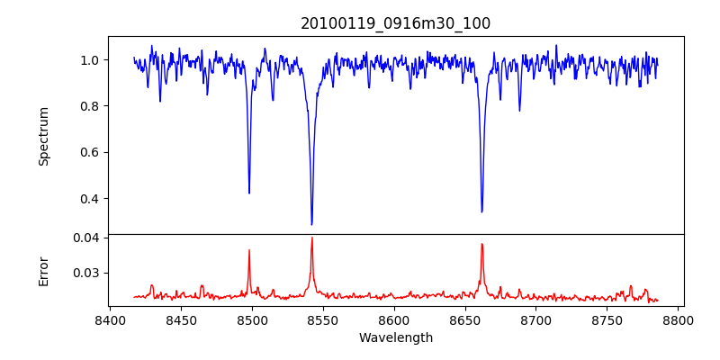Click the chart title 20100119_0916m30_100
pyautogui.click(x=395, y=23)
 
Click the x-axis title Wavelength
pyautogui.click(x=395, y=337)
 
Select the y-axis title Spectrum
pyautogui.click(x=44, y=136)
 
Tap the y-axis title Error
pyautogui.click(x=44, y=271)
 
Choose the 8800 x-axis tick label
pyautogui.click(x=679, y=319)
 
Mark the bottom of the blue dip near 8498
pyautogui.click(x=249, y=193)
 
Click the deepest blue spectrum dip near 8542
pyautogui.click(x=311, y=224)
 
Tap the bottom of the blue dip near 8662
pyautogui.click(x=481, y=211)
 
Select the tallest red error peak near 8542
pyautogui.click(x=311, y=238)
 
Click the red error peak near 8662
pyautogui.click(x=481, y=244)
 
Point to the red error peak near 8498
pyautogui.click(x=249, y=250)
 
